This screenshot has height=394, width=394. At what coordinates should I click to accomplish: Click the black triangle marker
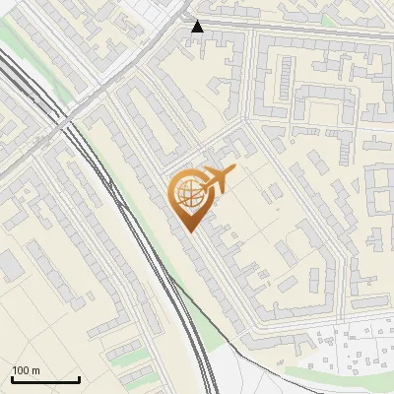click(x=198, y=27)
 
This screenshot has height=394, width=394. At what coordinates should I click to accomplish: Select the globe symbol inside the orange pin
click(x=189, y=196)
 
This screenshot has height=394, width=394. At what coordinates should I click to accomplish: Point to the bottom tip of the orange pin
click(x=190, y=231)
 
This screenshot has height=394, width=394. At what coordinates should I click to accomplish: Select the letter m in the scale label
click(x=36, y=370)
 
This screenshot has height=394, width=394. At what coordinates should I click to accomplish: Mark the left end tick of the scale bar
click(x=12, y=378)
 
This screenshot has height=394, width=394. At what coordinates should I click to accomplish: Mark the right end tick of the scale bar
click(x=79, y=378)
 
